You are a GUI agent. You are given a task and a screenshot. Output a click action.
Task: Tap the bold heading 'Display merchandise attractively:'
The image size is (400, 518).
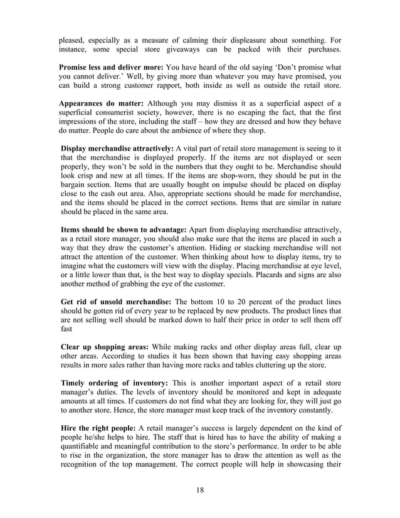pyautogui.click(x=117, y=148)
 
